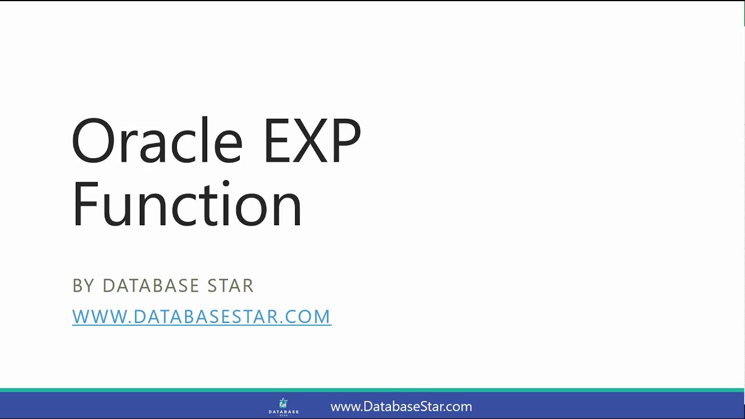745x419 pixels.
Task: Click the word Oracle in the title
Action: pos(157,141)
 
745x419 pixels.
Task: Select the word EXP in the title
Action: pos(311,141)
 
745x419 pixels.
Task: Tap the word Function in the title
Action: pos(187,204)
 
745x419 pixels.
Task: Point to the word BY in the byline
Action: pos(83,286)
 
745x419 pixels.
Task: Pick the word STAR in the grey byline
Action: pos(231,286)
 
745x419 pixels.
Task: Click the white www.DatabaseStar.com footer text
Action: pos(401,407)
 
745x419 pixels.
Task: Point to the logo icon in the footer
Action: pos(283,403)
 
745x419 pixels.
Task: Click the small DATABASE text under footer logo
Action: pos(283,411)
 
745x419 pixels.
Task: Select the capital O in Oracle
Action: pos(93,141)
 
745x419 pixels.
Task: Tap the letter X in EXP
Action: pos(311,141)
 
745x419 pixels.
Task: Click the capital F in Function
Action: pos(83,204)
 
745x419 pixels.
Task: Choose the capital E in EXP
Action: pos(277,141)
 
